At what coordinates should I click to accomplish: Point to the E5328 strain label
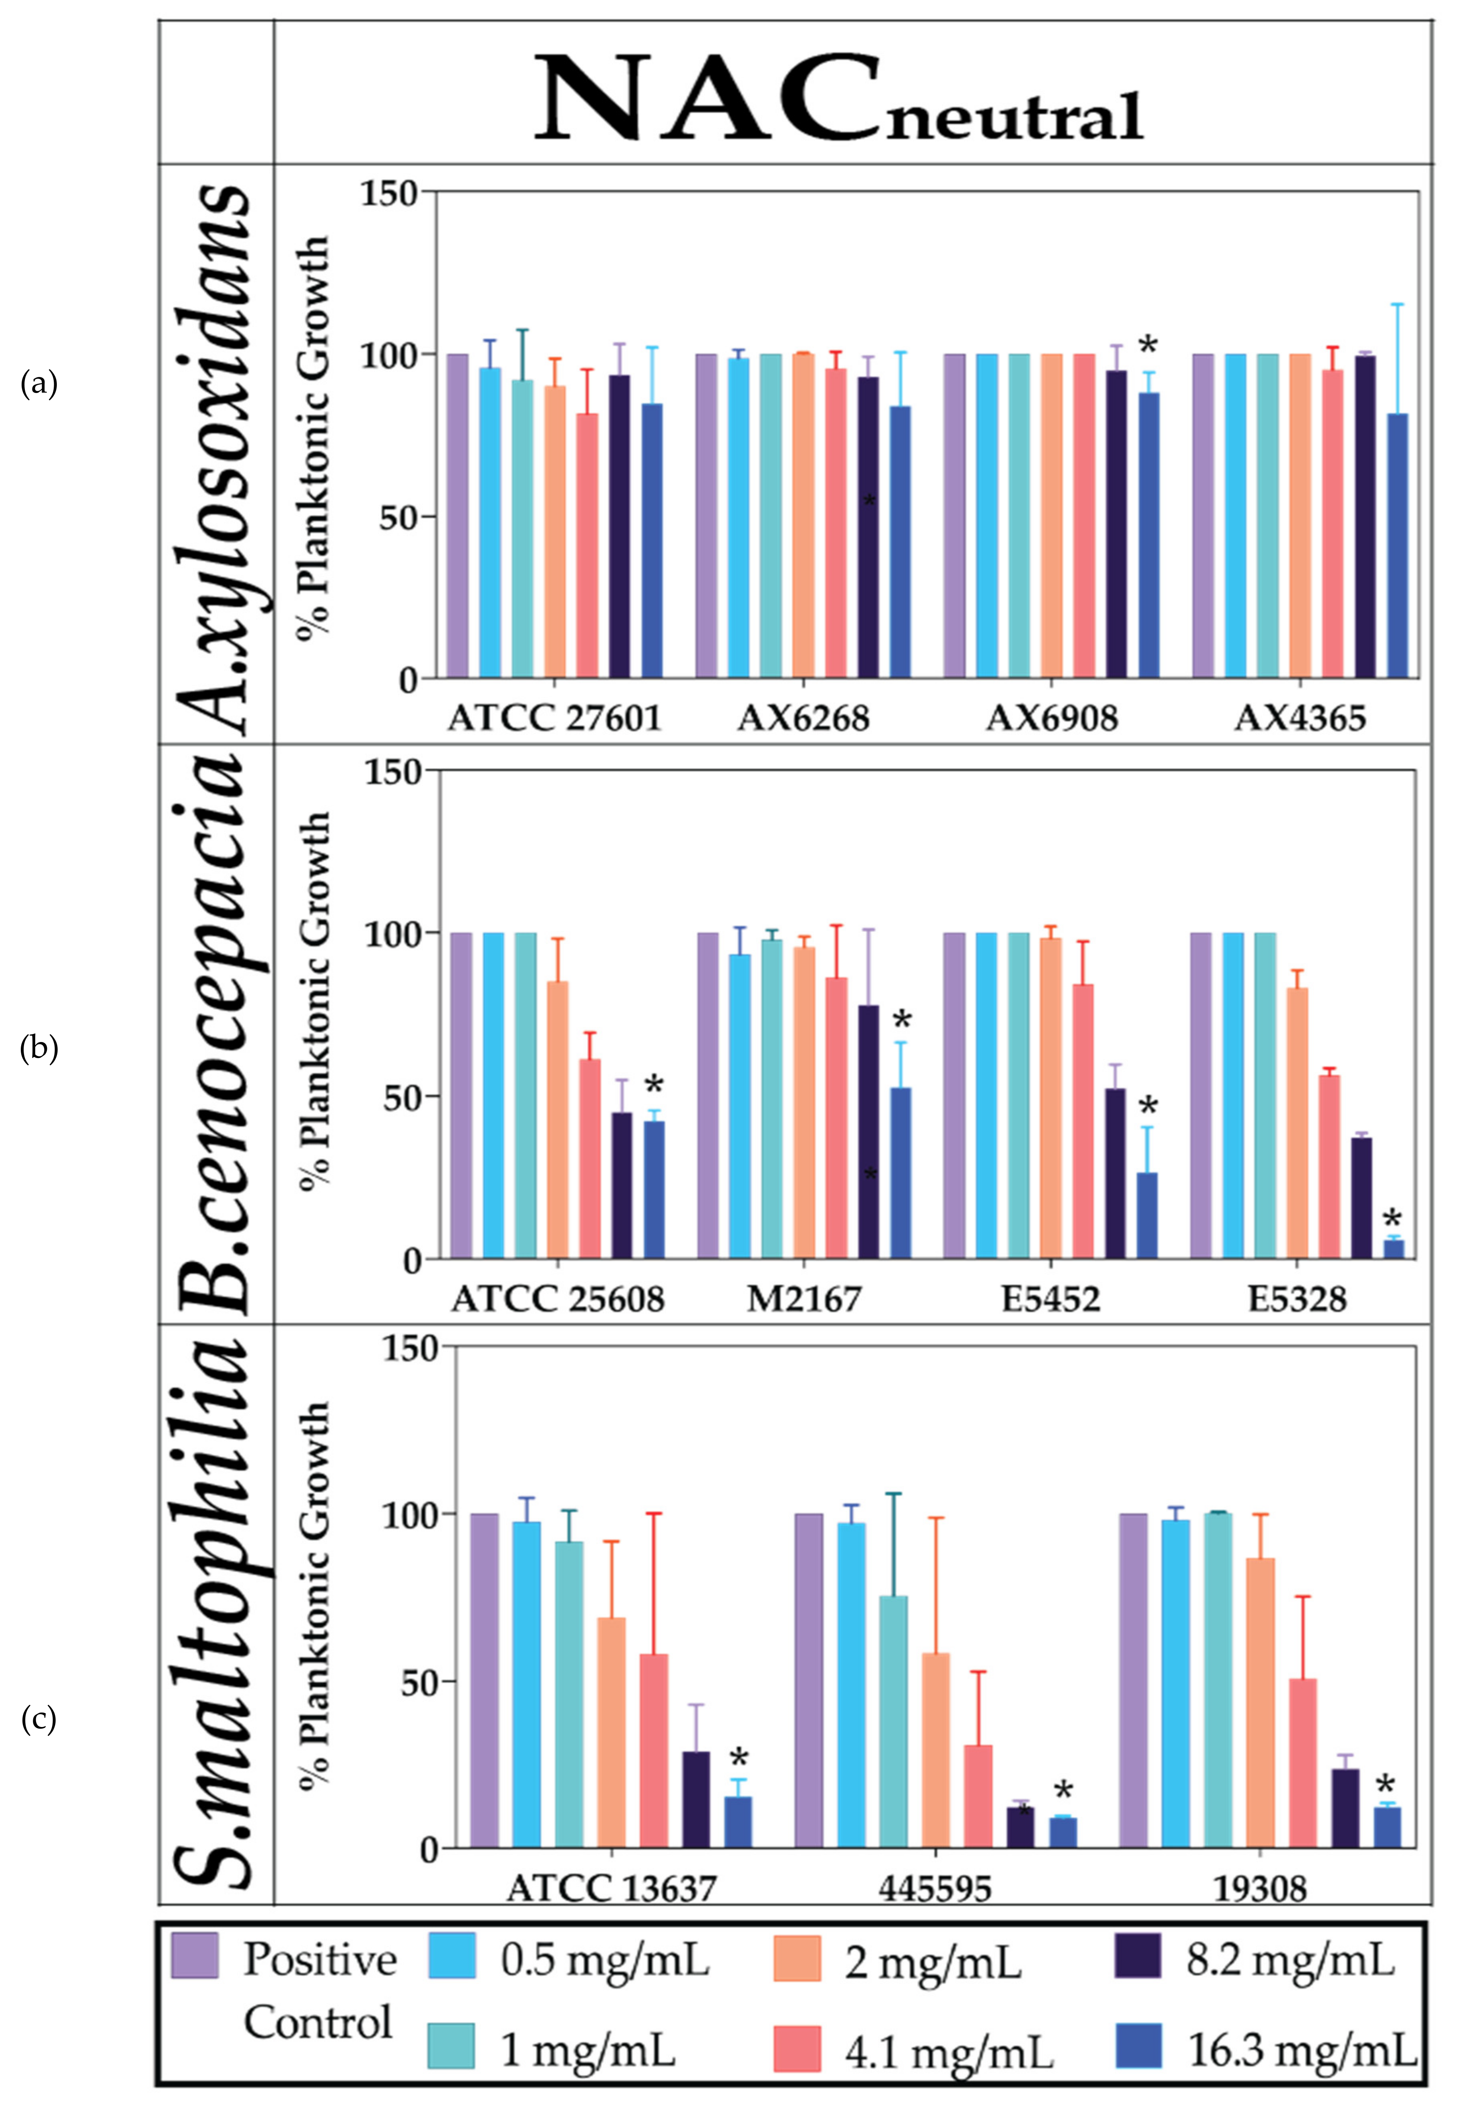(x=1297, y=1298)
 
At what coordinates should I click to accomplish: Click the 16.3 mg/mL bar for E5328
(x=1393, y=1249)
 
